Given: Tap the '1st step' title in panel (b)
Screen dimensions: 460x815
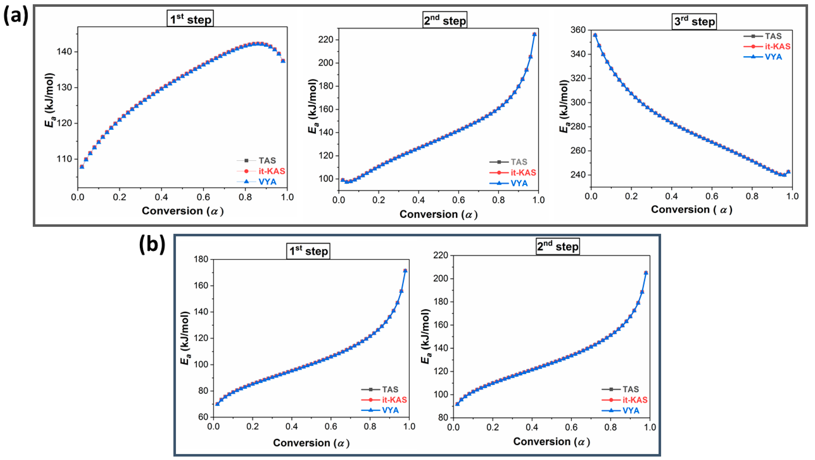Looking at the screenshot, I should point(308,251).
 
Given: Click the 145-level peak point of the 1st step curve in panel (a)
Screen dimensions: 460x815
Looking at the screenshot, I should point(258,44).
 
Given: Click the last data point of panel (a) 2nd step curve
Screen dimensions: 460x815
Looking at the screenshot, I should point(534,34).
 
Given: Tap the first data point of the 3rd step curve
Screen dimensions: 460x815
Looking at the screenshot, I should point(595,35).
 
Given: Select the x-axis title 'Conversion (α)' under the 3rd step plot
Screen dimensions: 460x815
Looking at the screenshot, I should point(691,210).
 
